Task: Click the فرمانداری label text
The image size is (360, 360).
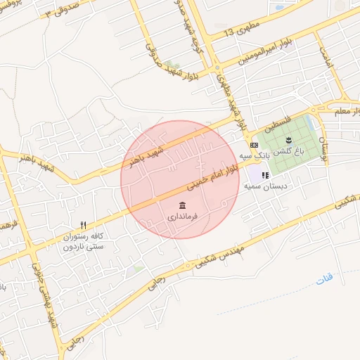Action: tap(184, 217)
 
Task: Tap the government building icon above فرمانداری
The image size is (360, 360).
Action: tap(183, 205)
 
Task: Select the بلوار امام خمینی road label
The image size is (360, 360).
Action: tap(218, 176)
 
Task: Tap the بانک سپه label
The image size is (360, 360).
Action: tap(254, 155)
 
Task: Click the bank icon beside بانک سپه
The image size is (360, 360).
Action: tap(254, 145)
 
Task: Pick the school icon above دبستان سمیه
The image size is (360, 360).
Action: tap(264, 175)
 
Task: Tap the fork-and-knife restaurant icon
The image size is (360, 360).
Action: tap(83, 225)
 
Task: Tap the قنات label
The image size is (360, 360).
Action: tap(324, 279)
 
